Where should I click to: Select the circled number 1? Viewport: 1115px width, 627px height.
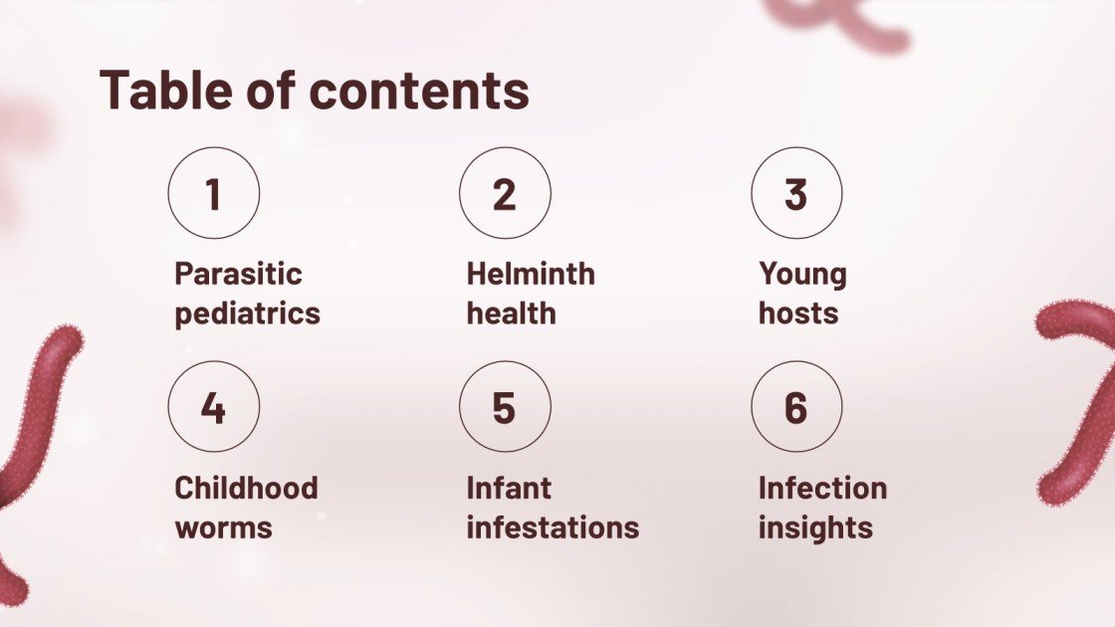point(213,193)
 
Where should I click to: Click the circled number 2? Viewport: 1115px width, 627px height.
point(505,193)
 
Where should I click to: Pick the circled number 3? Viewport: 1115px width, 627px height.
point(796,193)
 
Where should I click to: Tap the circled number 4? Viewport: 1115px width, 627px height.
point(213,407)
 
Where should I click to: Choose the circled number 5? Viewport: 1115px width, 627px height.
point(505,407)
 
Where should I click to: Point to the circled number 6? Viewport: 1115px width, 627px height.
point(796,407)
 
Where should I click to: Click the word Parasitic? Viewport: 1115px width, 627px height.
point(238,274)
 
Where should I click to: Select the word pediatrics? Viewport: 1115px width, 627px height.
point(247,313)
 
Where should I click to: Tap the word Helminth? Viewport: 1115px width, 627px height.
point(531,274)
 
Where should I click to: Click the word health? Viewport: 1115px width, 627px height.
point(511,313)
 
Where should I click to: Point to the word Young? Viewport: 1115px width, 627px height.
point(802,274)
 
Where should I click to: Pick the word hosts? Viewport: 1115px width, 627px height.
point(798,313)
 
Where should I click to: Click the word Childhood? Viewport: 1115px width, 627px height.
point(246,488)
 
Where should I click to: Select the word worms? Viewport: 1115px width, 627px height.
point(223,527)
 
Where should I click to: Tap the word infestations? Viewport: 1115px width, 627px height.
point(553,527)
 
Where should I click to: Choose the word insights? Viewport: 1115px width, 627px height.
point(815,527)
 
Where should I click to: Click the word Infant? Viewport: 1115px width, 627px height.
point(509,488)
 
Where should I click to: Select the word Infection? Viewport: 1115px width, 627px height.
point(822,488)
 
